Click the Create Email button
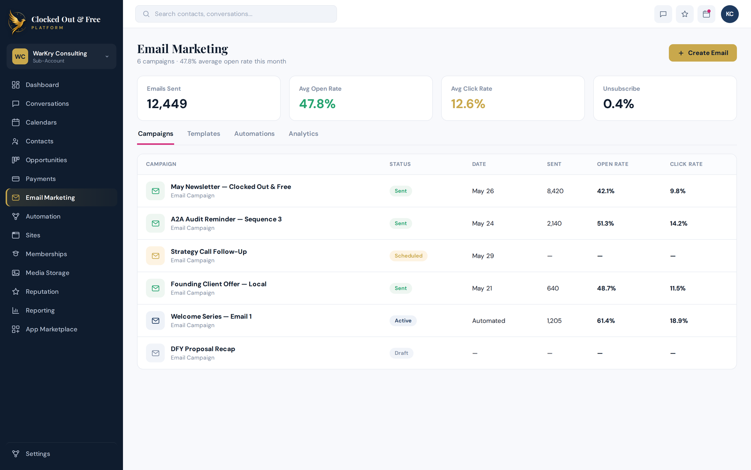point(702,53)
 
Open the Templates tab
point(204,133)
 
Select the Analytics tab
point(303,133)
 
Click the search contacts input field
point(236,14)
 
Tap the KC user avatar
point(729,14)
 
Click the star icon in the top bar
point(685,14)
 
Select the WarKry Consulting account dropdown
point(61,56)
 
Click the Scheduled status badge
point(408,256)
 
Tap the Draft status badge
point(401,353)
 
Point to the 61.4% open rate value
point(606,321)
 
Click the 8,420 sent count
point(555,191)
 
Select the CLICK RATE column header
point(686,164)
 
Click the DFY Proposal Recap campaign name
point(203,349)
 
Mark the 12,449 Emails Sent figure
point(167,104)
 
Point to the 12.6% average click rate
point(468,104)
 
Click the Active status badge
point(403,321)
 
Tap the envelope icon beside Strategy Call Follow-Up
point(155,256)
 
